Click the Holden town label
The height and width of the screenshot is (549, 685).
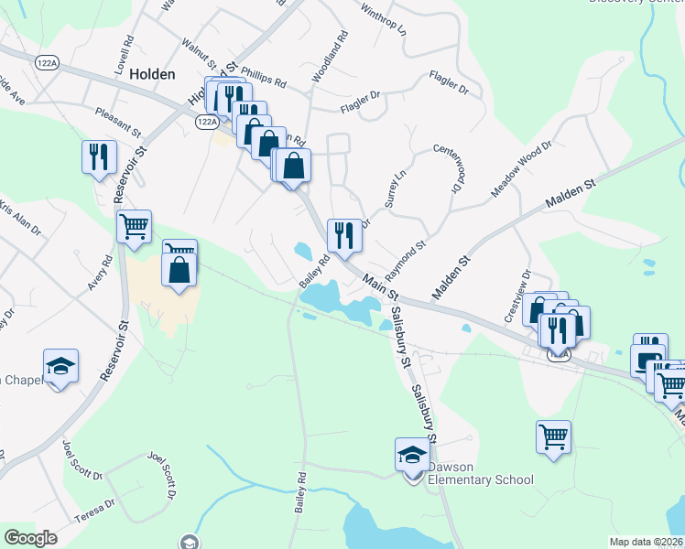pos(152,74)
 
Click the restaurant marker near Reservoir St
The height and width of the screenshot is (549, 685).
pos(99,156)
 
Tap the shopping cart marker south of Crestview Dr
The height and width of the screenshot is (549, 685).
pos(554,436)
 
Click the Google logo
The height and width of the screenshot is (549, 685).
pos(31,537)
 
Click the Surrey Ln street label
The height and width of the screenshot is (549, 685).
pos(395,188)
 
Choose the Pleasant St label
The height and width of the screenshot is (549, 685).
pos(118,121)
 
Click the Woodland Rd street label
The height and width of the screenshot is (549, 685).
pos(329,58)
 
